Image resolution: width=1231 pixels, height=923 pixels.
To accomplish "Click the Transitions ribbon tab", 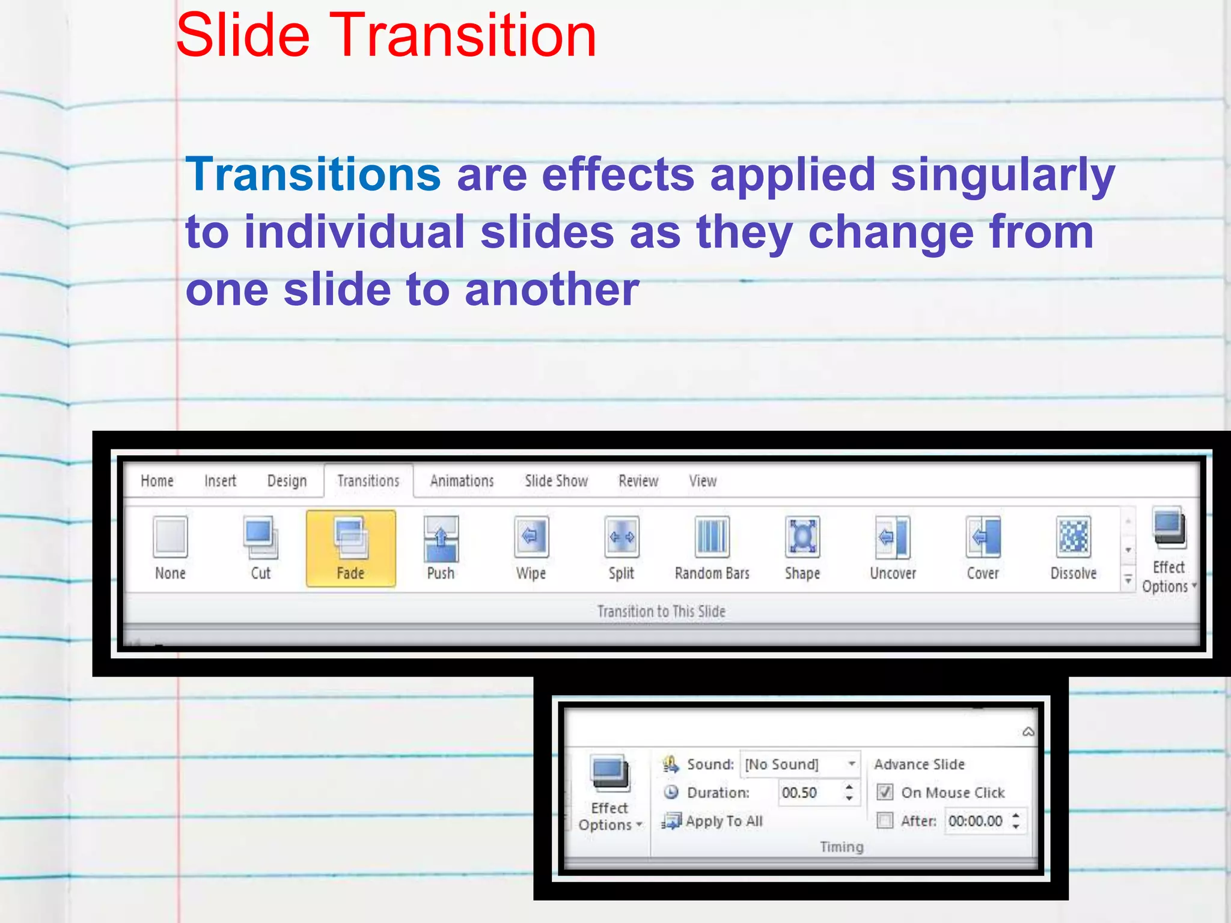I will (x=368, y=481).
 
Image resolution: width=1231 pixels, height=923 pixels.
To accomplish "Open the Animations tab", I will (x=462, y=481).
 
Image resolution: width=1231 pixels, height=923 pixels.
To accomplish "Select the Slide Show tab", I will (x=556, y=481).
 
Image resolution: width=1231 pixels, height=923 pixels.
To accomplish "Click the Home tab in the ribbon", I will (x=157, y=481).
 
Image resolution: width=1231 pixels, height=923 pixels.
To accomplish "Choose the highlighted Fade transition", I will (x=351, y=547).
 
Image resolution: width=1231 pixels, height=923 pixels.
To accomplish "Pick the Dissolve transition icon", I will (x=1074, y=537).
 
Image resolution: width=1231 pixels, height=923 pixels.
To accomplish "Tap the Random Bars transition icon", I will (x=712, y=537).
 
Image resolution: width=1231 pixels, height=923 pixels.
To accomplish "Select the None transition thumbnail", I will (x=170, y=537).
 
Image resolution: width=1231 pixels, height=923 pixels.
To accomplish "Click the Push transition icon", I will (x=441, y=537).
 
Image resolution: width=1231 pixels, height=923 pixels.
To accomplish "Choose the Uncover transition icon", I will (x=893, y=537).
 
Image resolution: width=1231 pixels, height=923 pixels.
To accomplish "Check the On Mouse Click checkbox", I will (x=885, y=792).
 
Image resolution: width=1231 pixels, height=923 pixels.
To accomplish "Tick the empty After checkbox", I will (x=885, y=820).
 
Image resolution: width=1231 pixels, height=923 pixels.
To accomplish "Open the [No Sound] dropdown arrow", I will (x=852, y=764).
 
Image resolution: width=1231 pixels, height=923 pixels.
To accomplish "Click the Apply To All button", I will (x=713, y=821).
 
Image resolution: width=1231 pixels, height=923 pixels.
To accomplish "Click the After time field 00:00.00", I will (x=975, y=821).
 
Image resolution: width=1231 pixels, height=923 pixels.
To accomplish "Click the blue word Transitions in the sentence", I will (x=313, y=175).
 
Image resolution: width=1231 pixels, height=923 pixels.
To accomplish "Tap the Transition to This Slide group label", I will (x=661, y=611).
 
